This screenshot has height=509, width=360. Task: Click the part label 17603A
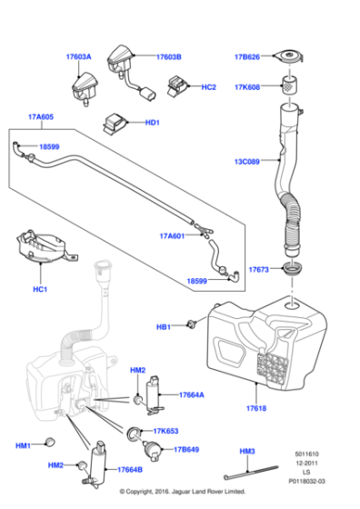(79, 56)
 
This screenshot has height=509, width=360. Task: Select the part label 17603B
(168, 56)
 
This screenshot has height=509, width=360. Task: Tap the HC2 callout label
(208, 87)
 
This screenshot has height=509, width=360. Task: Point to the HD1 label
(152, 122)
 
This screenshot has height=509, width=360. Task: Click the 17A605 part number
(41, 117)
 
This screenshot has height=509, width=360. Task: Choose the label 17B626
(246, 57)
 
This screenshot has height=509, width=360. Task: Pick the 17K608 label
(246, 87)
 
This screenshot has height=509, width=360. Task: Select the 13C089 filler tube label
(246, 162)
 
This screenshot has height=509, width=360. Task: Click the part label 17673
(260, 269)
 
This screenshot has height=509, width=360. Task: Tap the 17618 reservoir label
(255, 409)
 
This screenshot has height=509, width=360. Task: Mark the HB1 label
(164, 326)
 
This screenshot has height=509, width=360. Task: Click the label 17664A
(191, 394)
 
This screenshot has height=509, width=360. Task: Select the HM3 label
(247, 452)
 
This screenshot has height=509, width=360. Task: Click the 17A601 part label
(172, 236)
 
